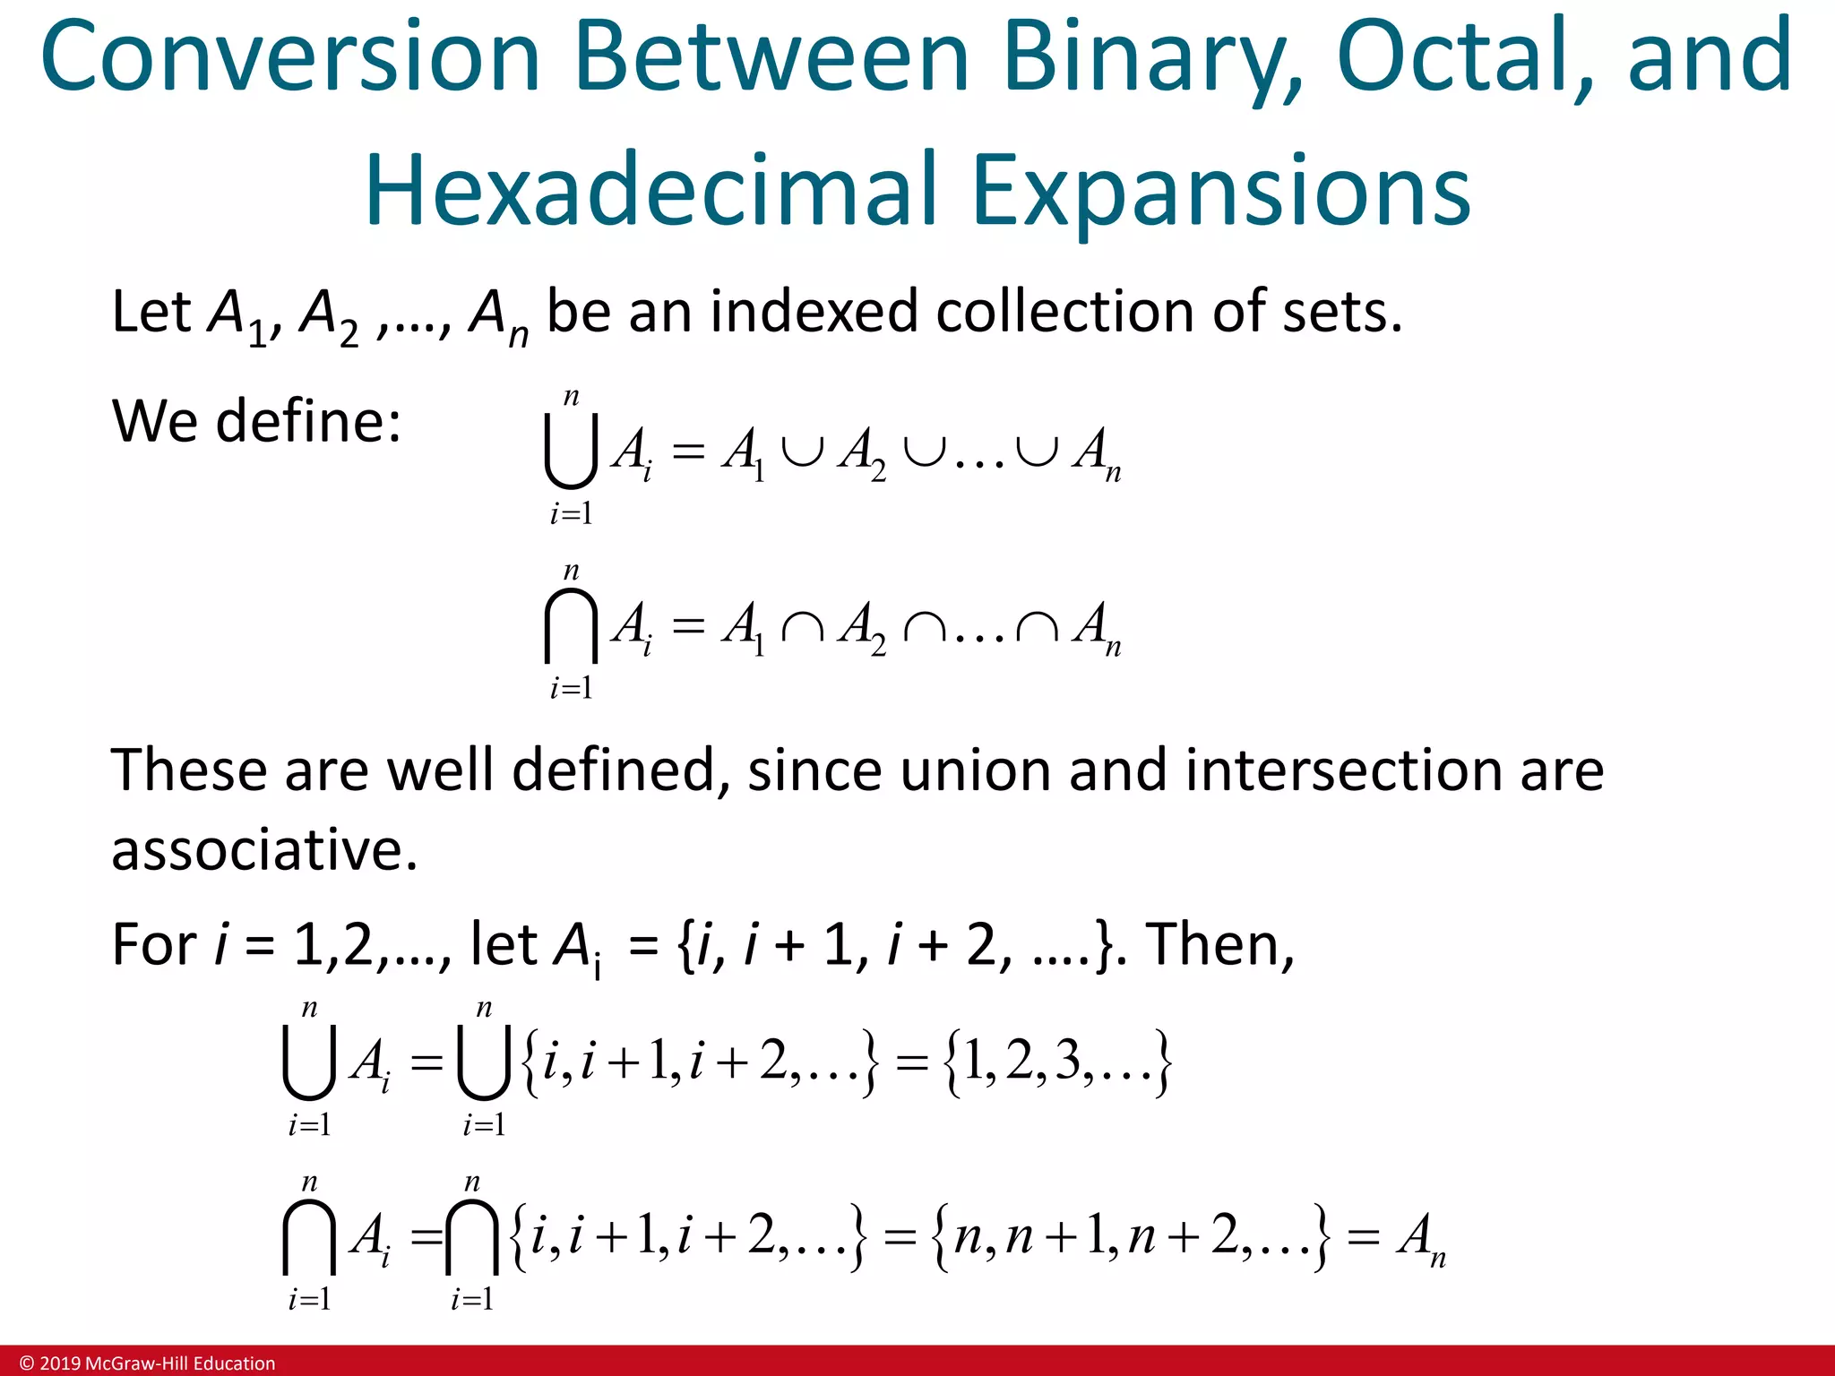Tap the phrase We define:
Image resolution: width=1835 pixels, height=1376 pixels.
click(x=255, y=421)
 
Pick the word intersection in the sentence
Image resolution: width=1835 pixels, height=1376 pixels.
click(x=1345, y=770)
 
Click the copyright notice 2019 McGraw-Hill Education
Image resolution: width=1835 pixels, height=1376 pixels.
click(x=148, y=1363)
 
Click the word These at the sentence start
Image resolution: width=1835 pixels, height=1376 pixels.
click(x=188, y=770)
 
